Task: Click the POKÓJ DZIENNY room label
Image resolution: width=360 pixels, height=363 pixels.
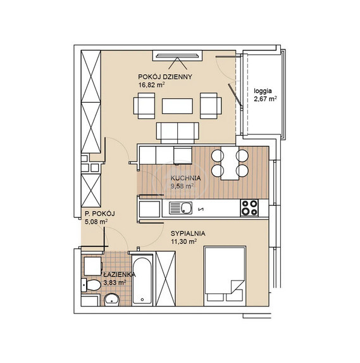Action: click(165, 77)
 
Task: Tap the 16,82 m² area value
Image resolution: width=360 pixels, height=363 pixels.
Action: click(151, 85)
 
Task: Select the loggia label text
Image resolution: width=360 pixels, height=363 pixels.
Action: click(263, 91)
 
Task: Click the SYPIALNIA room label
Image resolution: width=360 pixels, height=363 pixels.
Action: click(188, 233)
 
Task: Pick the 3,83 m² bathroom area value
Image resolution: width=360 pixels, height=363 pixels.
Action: click(115, 283)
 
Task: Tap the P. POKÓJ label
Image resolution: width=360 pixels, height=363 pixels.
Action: click(100, 213)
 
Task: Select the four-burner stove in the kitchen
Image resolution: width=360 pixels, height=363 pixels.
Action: click(249, 208)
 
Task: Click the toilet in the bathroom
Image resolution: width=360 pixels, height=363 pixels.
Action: click(91, 285)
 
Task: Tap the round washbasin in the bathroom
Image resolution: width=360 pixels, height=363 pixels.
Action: click(111, 300)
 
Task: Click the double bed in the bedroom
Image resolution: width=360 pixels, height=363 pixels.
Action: click(225, 276)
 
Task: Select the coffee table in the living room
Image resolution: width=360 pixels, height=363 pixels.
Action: click(177, 106)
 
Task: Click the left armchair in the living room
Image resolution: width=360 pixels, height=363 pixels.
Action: click(144, 106)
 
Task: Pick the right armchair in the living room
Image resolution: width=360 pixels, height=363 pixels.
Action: click(211, 106)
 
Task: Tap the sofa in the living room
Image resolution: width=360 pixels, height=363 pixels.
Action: click(177, 133)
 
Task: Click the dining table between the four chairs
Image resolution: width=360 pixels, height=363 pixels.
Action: click(230, 163)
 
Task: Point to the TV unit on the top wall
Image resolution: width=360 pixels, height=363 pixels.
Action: click(177, 56)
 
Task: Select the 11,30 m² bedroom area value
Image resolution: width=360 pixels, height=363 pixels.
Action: click(184, 242)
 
